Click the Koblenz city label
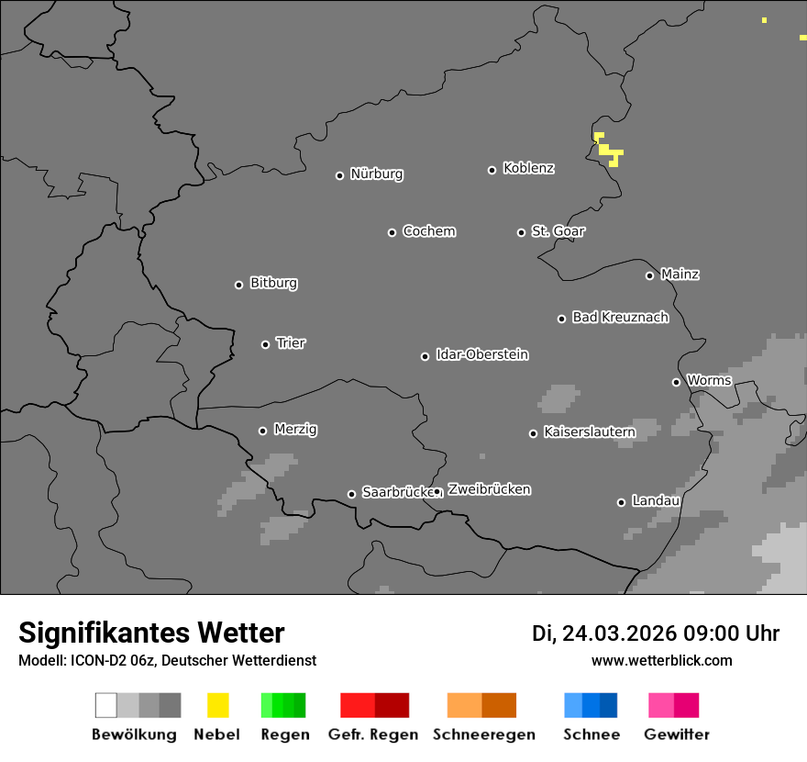(528, 168)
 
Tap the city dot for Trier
(266, 344)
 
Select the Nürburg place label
(376, 174)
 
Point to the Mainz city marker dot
(649, 275)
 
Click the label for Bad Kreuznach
(620, 318)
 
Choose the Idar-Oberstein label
(482, 354)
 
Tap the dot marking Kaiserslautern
(533, 433)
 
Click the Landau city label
(656, 501)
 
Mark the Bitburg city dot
(238, 285)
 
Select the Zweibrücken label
(489, 489)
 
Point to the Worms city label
(709, 380)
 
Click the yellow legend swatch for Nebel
(217, 705)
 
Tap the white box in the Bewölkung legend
(106, 705)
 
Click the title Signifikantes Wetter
(151, 633)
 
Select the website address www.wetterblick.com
(661, 660)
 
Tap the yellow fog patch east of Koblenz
(608, 151)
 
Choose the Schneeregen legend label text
(484, 734)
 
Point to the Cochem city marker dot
(392, 232)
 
